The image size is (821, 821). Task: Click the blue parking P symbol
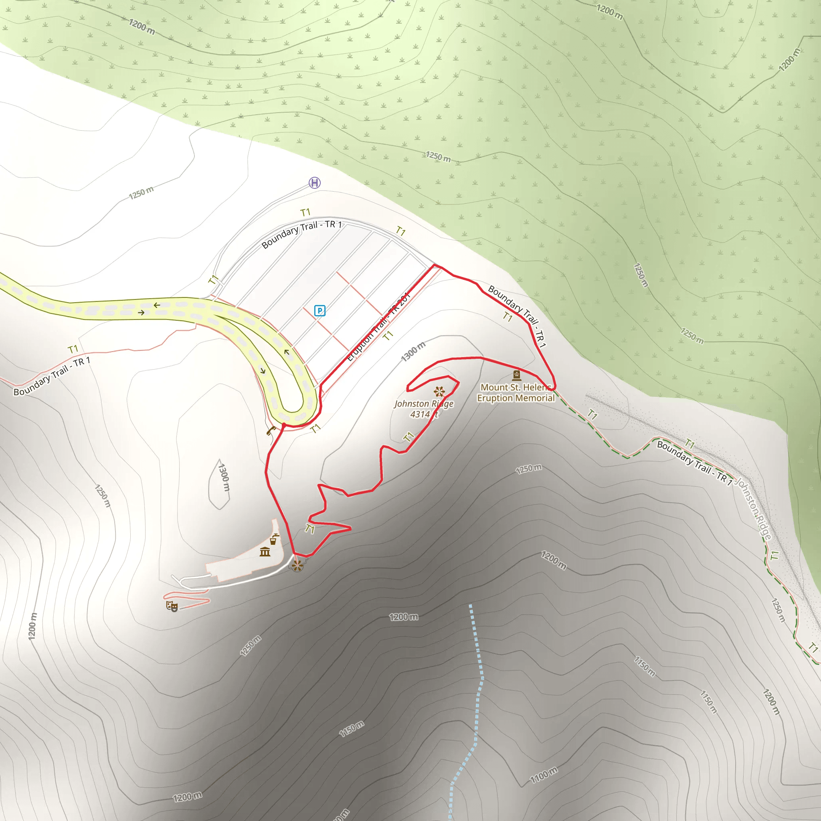click(x=320, y=311)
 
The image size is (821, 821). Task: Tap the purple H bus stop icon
click(x=314, y=183)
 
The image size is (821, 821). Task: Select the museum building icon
click(x=265, y=552)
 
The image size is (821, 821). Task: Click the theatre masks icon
click(x=172, y=606)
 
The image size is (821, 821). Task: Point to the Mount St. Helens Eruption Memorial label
click(x=516, y=392)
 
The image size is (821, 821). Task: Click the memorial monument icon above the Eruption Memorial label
click(x=516, y=375)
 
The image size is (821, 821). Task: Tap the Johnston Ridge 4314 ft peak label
click(x=424, y=409)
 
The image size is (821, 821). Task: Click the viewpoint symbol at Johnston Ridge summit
click(x=439, y=391)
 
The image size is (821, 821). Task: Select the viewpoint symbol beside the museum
click(x=297, y=566)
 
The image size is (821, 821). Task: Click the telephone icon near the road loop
click(x=271, y=431)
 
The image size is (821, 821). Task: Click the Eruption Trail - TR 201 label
click(x=378, y=327)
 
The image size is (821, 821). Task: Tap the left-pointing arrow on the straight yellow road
click(x=157, y=305)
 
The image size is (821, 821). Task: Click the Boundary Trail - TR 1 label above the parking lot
click(x=301, y=234)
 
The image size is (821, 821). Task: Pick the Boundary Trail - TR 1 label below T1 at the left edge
click(x=52, y=376)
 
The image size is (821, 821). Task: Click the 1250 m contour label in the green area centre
click(x=438, y=157)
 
